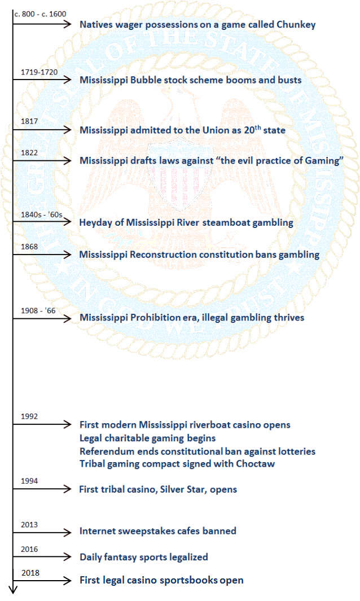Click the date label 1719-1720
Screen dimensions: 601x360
(38, 72)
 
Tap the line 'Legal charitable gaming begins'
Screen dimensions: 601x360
(147, 438)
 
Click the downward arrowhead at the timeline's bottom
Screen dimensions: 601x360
(13, 590)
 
